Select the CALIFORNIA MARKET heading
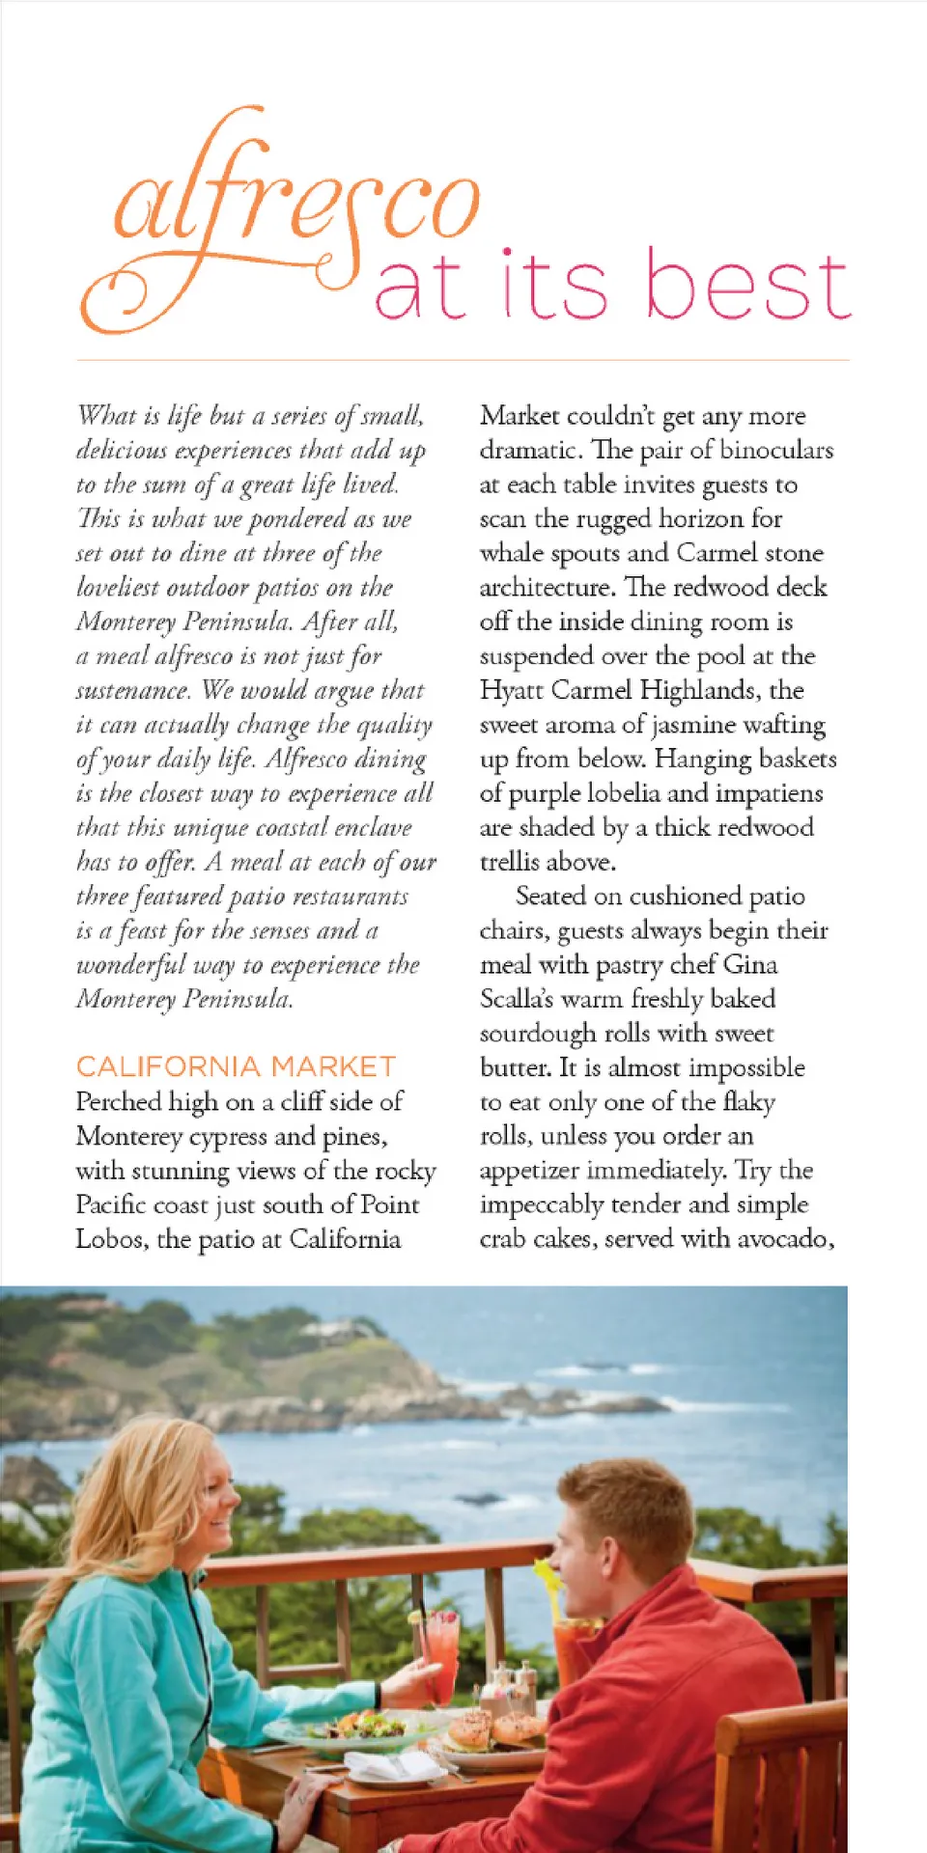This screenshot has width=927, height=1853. pos(236,1066)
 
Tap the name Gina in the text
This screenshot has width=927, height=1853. pos(750,964)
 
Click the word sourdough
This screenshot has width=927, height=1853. pos(539,1034)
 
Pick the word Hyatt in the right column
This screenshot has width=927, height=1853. pos(512,690)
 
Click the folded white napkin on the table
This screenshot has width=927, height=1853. pos(391,1766)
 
